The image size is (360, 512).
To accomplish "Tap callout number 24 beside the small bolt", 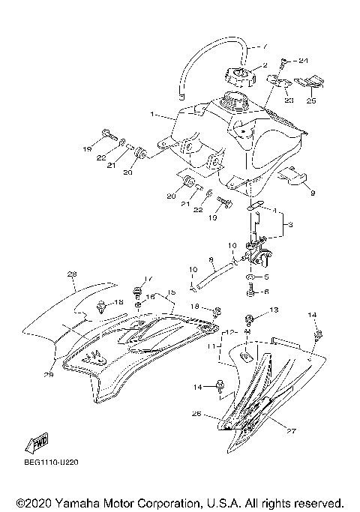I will [x=303, y=60].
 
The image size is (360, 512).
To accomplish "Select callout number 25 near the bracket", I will [x=311, y=99].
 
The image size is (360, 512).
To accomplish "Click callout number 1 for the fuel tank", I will [x=152, y=115].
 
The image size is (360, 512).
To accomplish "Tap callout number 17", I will [x=148, y=279].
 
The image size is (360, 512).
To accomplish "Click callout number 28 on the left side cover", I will [x=72, y=274].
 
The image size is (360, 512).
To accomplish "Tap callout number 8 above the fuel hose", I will [x=211, y=261].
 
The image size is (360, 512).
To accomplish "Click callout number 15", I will [x=171, y=292].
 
